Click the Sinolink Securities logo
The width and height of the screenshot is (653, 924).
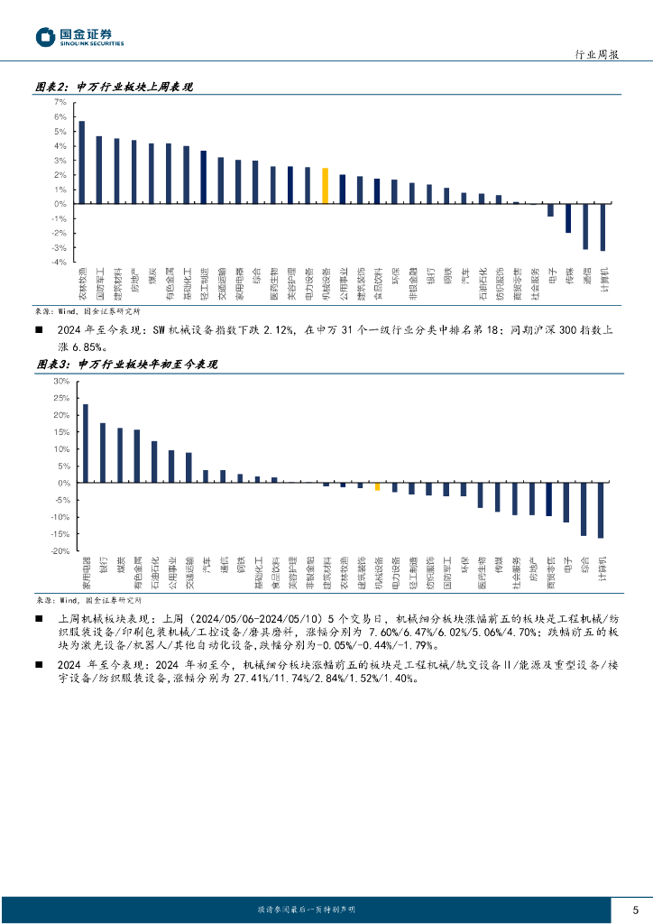(79, 37)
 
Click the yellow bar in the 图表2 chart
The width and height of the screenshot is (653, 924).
(325, 186)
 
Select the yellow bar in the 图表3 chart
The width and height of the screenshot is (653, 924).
(377, 487)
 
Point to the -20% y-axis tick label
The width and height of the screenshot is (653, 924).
(60, 550)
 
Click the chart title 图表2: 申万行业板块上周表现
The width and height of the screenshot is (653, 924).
(115, 88)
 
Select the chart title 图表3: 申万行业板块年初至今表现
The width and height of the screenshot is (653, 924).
(126, 365)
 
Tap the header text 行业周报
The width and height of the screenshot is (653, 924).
(596, 54)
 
